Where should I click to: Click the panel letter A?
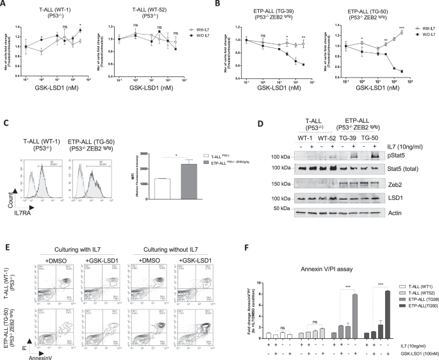pyautogui.click(x=5, y=4)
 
